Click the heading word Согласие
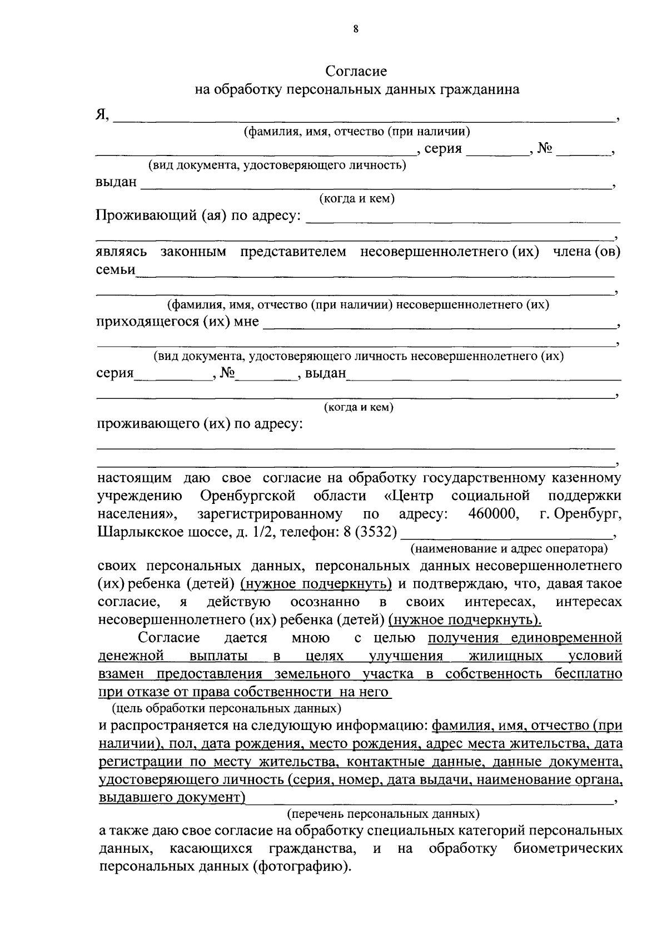356,71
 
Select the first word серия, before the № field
443,149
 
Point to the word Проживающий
146,216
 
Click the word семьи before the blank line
116,269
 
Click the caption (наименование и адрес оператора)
509,549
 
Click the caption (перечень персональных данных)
383,814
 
